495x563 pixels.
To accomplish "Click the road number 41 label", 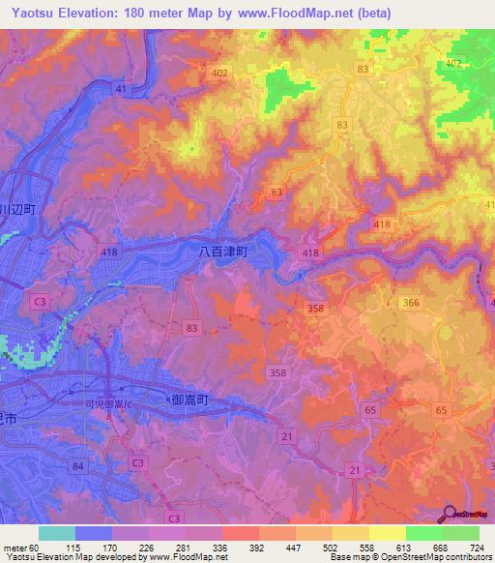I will coord(121,89).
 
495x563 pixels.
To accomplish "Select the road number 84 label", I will coord(77,467).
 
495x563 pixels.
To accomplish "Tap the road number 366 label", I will coord(411,303).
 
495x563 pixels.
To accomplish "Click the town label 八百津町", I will coord(223,252).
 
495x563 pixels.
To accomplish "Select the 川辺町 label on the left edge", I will coord(17,208).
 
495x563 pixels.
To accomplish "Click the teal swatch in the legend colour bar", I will coord(56,533).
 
